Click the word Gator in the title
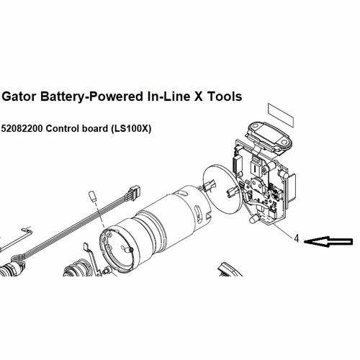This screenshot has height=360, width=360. tap(19, 96)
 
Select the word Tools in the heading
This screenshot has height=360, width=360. tap(225, 96)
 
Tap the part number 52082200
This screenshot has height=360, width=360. tap(22, 129)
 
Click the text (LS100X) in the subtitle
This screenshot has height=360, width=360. tap(130, 129)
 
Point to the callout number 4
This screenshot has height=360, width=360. tap(297, 238)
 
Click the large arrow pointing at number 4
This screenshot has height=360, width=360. tap(328, 242)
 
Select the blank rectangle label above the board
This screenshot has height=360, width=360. tap(281, 115)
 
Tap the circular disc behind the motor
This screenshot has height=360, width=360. tap(221, 189)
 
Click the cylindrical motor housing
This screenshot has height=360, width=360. tap(156, 226)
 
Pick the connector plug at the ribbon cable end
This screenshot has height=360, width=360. tap(133, 191)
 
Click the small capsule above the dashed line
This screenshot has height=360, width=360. tap(93, 197)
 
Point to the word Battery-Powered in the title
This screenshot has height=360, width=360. tap(91, 97)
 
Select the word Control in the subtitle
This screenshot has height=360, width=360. tap(62, 129)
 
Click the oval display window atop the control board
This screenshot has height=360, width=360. tap(269, 136)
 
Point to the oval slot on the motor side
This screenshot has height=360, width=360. tap(199, 211)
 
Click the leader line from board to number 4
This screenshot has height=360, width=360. tap(282, 230)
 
